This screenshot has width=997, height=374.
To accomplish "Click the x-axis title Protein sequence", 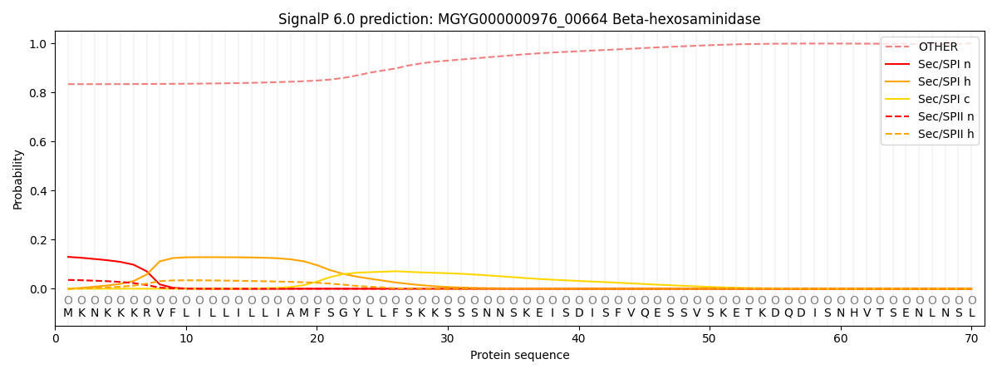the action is [x=520, y=356].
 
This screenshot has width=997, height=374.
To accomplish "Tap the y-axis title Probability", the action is [x=17, y=180].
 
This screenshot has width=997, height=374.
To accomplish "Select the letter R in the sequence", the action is [x=147, y=313].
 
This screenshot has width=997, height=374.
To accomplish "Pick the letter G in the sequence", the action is [x=343, y=313].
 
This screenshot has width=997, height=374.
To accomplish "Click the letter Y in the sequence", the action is [x=356, y=313].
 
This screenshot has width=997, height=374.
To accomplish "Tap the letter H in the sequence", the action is [x=854, y=313].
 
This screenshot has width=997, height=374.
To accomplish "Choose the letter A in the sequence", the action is [x=291, y=313].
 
